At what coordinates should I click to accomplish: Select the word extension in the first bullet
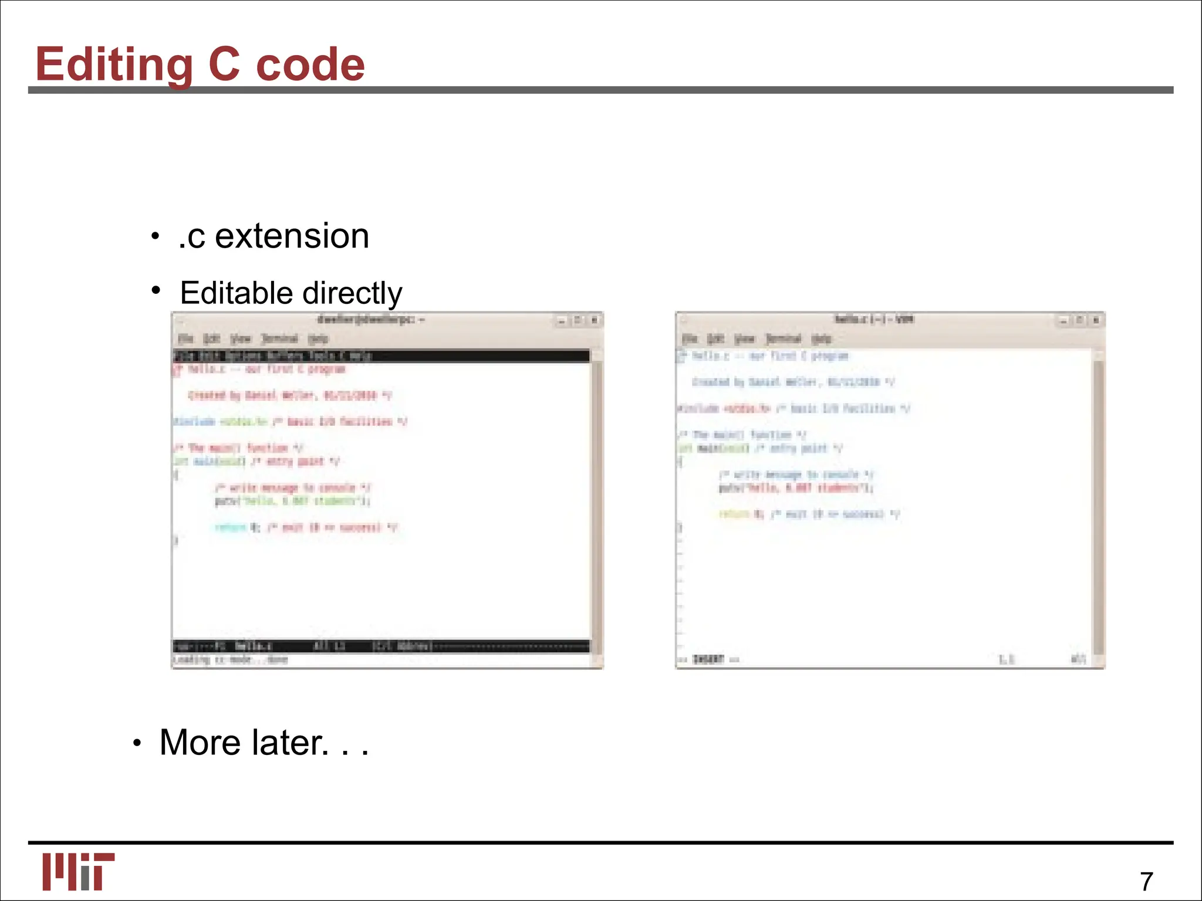pos(292,236)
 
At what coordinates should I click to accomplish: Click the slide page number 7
pos(1146,881)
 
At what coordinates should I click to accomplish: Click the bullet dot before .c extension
pos(154,237)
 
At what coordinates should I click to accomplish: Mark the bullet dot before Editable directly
pos(156,290)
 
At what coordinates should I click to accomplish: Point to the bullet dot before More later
pos(137,744)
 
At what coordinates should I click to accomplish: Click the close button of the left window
pos(594,320)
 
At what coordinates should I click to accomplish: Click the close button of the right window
pos(1095,320)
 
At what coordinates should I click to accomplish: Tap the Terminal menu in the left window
pos(279,338)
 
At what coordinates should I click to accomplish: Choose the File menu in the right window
pos(689,338)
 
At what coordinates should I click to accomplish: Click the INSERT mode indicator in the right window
pos(708,659)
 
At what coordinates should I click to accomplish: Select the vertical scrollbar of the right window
pos(1099,504)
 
